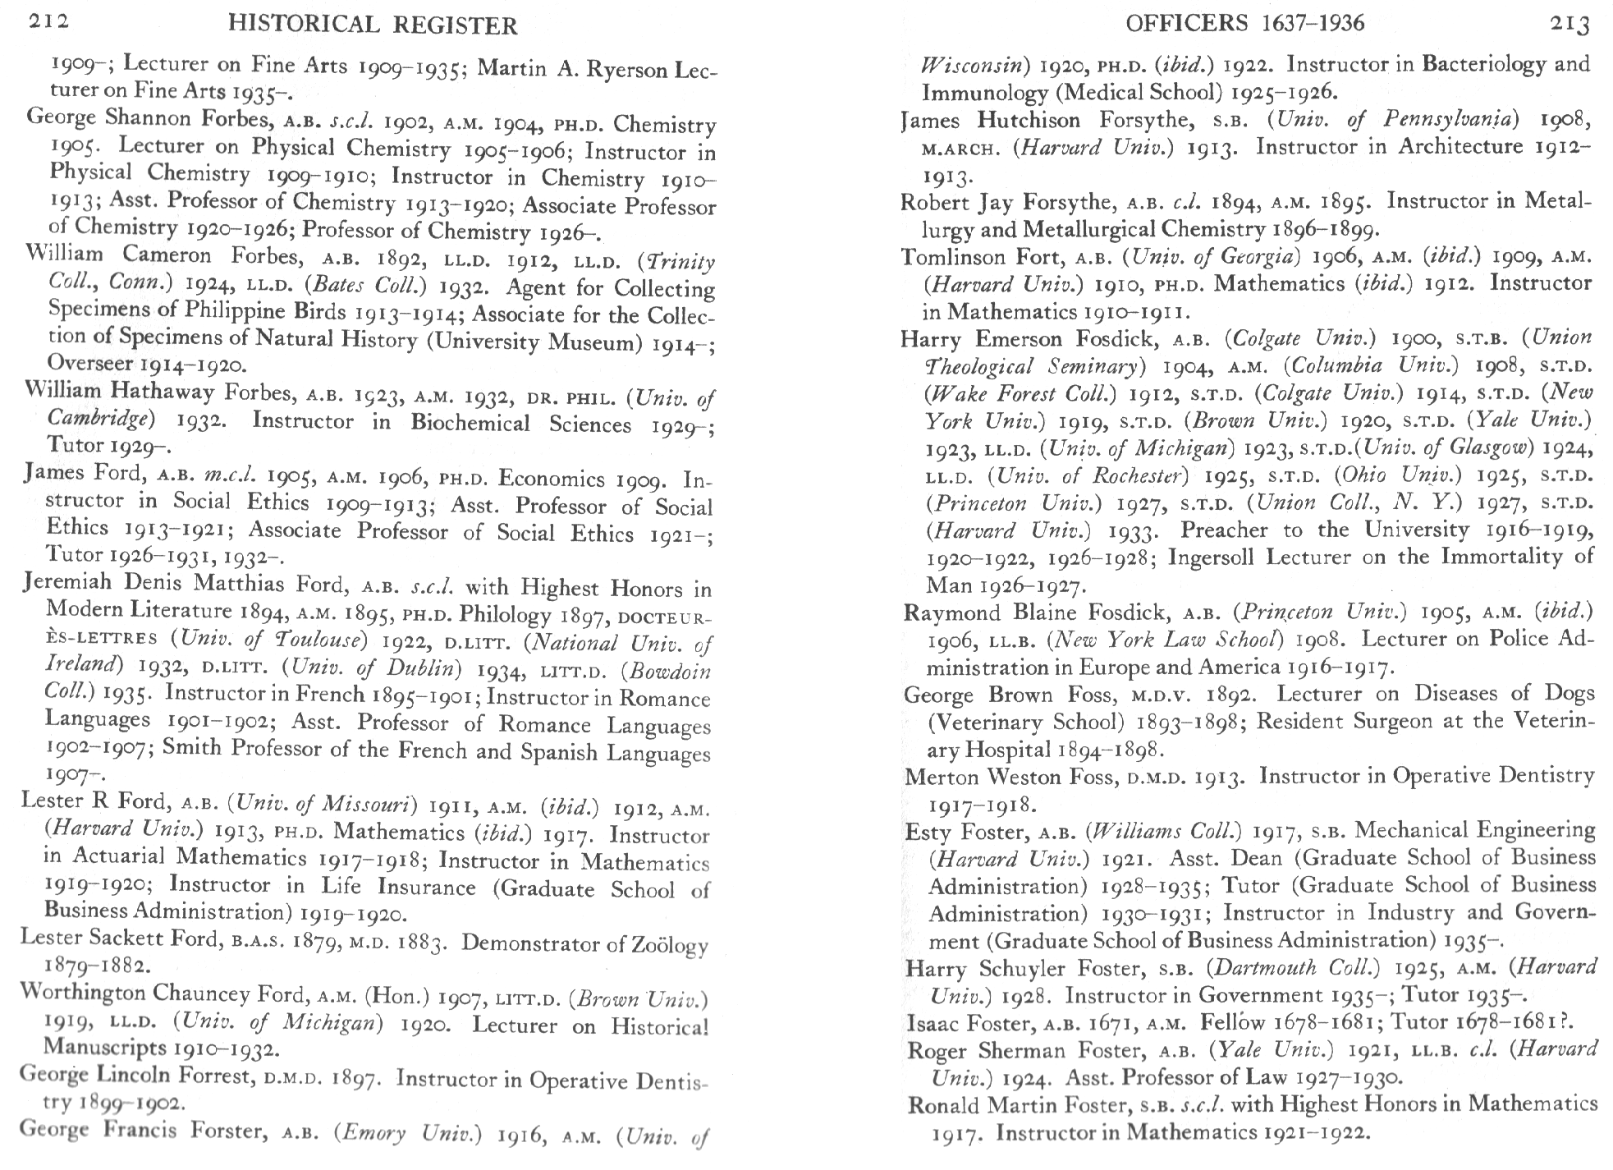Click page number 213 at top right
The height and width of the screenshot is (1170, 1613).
(1569, 24)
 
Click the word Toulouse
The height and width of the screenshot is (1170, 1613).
(316, 640)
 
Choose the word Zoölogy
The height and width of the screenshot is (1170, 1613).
(668, 945)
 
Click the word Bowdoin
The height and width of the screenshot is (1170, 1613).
(668, 672)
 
